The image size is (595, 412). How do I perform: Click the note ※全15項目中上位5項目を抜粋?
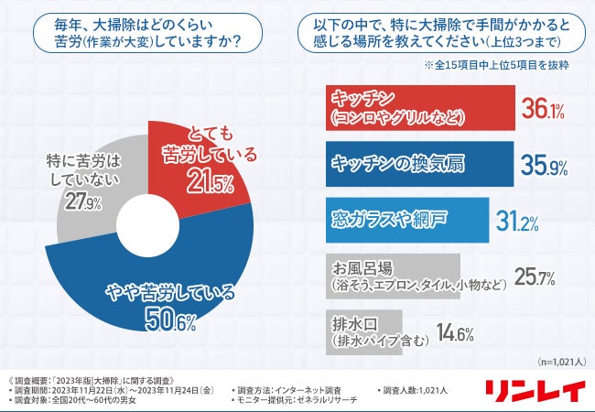(x=494, y=67)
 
